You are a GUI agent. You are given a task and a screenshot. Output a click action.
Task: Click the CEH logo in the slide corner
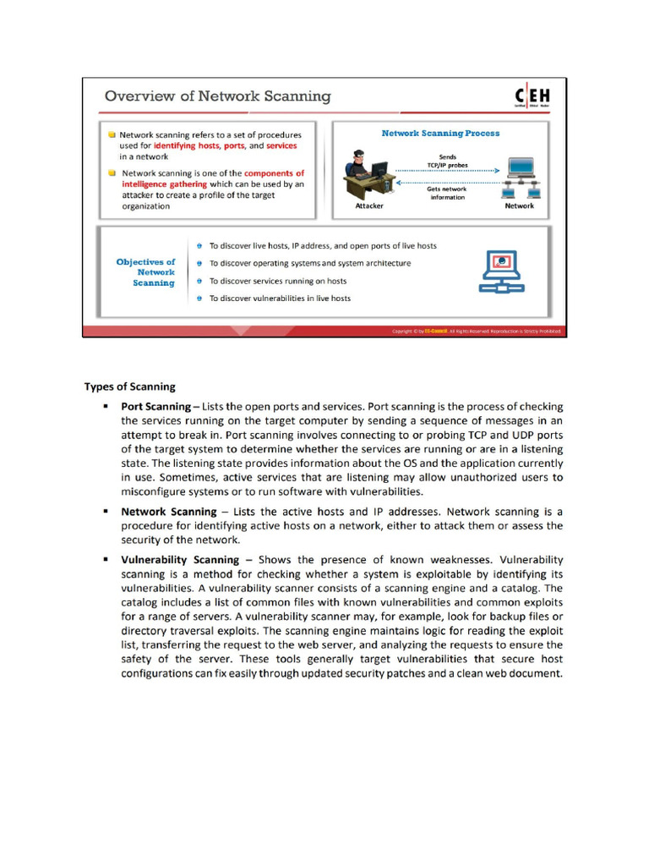[532, 97]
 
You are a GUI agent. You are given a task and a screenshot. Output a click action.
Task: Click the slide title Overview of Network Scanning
[217, 96]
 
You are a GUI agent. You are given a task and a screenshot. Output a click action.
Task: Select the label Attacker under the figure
[368, 206]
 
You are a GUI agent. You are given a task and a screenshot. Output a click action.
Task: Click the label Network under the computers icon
[519, 206]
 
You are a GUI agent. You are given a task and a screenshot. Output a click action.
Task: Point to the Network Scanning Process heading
[440, 133]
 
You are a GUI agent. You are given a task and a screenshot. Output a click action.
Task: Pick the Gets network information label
[447, 193]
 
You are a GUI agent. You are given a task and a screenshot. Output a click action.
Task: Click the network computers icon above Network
[521, 178]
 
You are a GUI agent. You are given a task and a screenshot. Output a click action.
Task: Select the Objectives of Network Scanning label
[147, 272]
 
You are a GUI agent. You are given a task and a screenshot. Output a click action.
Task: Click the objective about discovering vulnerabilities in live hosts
[280, 299]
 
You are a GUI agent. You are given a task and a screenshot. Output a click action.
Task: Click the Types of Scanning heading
[129, 386]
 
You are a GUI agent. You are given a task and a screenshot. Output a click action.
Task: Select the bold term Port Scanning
[155, 407]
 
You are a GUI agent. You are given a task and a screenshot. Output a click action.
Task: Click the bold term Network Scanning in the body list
[169, 512]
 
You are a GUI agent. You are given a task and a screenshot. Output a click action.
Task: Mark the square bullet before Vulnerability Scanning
[106, 559]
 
